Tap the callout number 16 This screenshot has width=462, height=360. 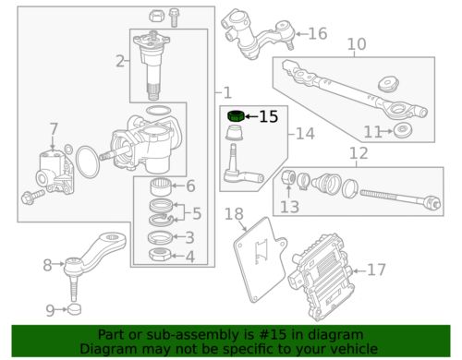(x=317, y=34)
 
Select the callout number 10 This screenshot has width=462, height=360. (x=356, y=43)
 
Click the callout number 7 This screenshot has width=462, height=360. (x=54, y=128)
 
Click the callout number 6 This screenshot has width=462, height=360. (x=190, y=186)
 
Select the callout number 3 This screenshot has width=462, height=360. (x=189, y=237)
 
